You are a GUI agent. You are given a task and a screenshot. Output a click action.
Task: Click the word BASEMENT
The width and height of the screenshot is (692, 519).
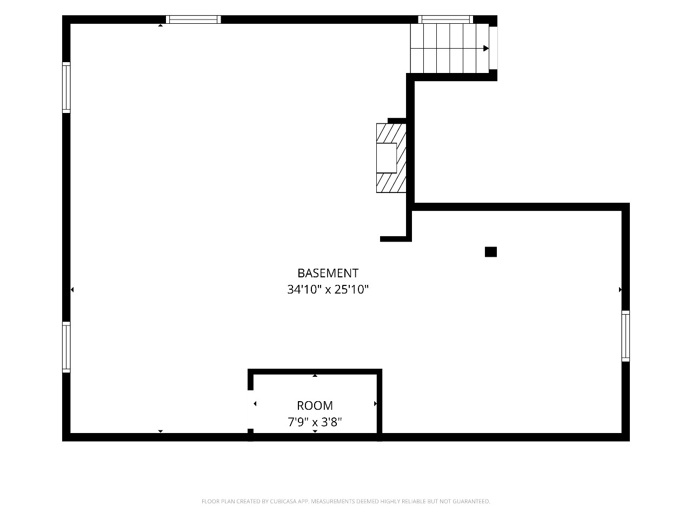tap(328, 273)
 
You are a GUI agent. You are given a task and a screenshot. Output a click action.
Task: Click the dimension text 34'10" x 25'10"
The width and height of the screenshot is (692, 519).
tap(328, 289)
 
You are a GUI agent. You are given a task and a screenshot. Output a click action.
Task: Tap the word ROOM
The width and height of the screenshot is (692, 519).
tap(315, 405)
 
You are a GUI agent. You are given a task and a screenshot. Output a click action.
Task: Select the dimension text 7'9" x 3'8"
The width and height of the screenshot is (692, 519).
tap(315, 422)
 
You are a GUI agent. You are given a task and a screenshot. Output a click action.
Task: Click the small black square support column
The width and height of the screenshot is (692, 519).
tap(490, 252)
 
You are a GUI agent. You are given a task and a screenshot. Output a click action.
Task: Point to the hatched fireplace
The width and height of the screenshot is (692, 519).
tap(391, 158)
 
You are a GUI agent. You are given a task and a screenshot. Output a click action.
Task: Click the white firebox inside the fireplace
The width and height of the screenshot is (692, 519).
tap(387, 158)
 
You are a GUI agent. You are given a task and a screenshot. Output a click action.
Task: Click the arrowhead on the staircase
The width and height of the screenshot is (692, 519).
tap(486, 48)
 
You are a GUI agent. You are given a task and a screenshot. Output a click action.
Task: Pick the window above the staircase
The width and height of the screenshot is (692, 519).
tap(445, 19)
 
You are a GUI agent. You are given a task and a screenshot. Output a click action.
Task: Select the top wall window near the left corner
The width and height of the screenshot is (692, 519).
tap(193, 19)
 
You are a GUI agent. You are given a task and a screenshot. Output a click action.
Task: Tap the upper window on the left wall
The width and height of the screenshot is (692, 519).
tap(66, 87)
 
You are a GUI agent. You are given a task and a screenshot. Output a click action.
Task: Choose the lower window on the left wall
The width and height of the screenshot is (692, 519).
tap(66, 347)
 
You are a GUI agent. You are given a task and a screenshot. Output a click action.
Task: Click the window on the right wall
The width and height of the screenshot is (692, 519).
tap(626, 336)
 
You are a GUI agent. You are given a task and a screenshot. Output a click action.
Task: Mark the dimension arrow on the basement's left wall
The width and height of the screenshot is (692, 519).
tap(72, 289)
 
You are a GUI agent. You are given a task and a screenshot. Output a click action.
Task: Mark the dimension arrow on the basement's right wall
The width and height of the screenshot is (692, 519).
tap(620, 289)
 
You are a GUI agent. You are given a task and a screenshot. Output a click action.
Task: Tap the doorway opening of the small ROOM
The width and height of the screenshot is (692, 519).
tap(250, 409)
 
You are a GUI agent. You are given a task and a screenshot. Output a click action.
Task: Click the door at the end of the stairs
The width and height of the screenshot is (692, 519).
tap(493, 48)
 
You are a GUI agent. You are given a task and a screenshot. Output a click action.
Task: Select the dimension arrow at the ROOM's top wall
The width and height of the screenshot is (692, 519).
tap(315, 375)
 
